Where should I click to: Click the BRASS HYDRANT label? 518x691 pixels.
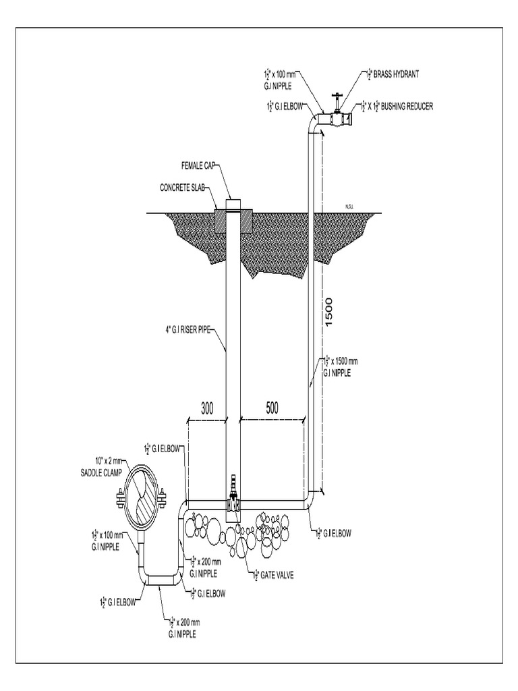click(391, 74)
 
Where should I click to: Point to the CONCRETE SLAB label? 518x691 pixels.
click(183, 187)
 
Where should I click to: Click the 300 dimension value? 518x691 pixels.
click(208, 408)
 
